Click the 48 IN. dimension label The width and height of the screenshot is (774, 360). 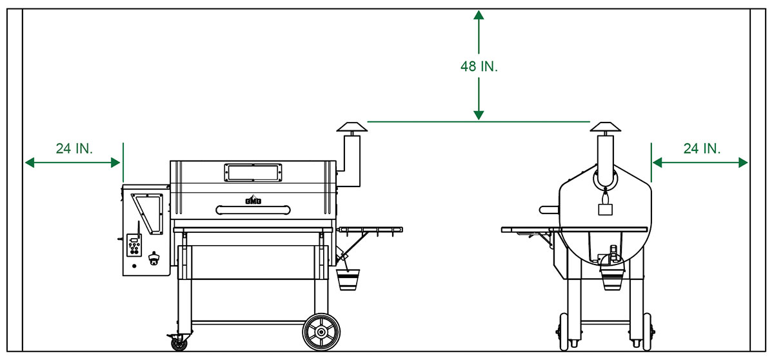479,66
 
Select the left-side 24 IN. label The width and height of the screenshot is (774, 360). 74,148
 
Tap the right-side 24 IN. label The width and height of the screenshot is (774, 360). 702,148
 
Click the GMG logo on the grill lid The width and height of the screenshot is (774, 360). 252,200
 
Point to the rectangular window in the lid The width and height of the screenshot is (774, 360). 253,172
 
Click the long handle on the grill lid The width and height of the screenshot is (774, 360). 253,209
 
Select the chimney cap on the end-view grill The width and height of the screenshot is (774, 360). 604,126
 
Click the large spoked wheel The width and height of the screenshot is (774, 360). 321,332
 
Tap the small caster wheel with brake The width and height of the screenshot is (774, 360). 178,343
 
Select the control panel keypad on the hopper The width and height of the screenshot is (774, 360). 133,245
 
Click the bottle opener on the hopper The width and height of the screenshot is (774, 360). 155,259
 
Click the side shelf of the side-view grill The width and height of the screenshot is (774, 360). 370,229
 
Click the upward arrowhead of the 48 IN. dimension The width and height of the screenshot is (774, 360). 479,14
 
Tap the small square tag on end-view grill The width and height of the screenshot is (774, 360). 604,209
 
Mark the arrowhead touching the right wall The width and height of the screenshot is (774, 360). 744,162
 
